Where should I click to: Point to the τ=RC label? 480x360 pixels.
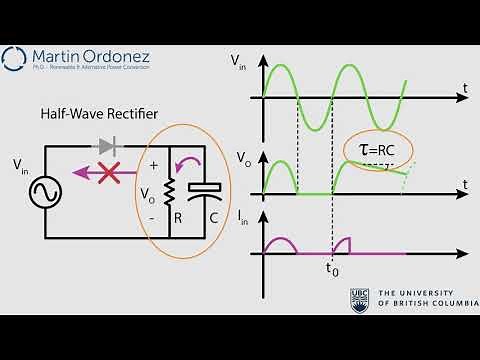click(376, 148)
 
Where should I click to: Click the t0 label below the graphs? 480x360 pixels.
click(332, 269)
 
